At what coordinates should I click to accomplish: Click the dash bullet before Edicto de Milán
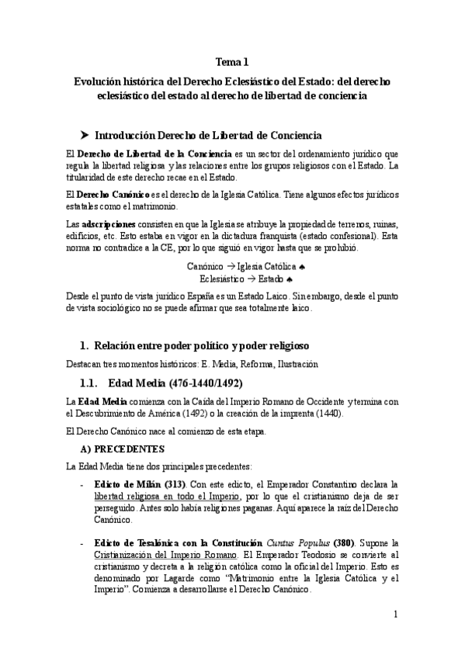tap(84, 483)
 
